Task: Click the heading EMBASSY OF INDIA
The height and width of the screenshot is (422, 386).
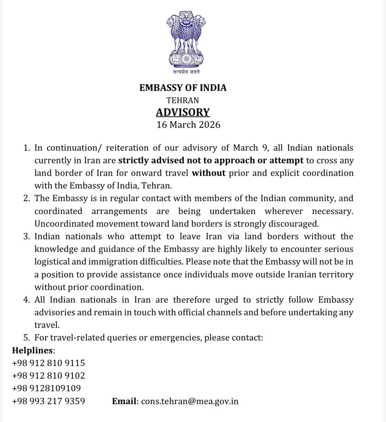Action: [183, 88]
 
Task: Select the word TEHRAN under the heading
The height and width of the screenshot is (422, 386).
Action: [183, 100]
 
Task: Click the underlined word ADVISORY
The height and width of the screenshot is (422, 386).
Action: [183, 112]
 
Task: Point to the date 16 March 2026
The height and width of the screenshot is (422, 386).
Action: [188, 125]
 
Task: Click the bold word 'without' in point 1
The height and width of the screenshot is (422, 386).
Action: [209, 173]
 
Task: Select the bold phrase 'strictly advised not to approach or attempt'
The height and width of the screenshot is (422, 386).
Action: [211, 160]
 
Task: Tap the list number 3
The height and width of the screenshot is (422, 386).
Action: [26, 237]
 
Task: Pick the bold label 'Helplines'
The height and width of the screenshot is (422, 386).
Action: [33, 351]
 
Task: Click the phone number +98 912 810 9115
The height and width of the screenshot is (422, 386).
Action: [48, 363]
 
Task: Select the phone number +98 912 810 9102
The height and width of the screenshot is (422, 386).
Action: [48, 376]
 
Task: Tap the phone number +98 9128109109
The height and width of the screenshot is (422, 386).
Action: [46, 388]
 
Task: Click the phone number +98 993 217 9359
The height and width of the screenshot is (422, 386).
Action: [48, 401]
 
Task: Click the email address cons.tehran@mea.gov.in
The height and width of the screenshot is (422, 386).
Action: [190, 401]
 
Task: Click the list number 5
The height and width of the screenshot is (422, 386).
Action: [26, 338]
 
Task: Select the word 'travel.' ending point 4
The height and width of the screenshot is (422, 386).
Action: [47, 325]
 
